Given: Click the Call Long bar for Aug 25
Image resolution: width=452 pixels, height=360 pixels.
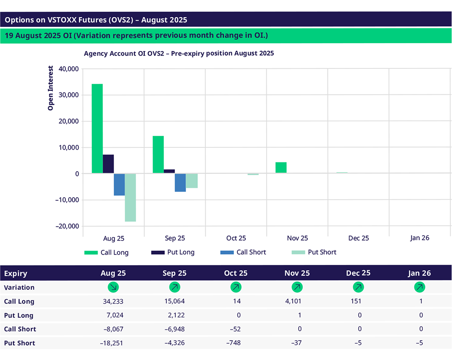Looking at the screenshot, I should (x=97, y=128).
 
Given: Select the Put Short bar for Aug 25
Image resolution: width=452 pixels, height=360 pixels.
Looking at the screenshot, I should (x=130, y=197).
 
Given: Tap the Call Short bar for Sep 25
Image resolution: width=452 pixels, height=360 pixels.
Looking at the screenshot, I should (x=180, y=182).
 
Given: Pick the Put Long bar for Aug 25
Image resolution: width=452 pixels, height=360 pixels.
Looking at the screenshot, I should (x=108, y=164).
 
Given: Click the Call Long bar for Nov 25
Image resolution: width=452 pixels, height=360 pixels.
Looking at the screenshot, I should (x=281, y=168).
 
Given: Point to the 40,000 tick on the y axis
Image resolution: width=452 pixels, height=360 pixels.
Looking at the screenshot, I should (x=67, y=69).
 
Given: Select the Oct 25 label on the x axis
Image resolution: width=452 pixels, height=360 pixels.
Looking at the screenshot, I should (x=236, y=238).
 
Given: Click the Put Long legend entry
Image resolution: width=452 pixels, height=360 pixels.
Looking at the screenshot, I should (x=173, y=252).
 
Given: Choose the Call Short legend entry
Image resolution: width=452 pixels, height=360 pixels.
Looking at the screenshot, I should (x=243, y=252).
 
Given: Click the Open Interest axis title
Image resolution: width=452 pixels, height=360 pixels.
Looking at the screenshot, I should (x=51, y=88).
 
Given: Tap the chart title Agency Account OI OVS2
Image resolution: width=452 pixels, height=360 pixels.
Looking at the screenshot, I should (x=179, y=53).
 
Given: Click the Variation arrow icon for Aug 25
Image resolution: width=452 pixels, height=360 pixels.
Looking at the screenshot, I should (x=113, y=287).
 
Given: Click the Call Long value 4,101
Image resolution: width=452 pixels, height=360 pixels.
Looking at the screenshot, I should (x=297, y=302).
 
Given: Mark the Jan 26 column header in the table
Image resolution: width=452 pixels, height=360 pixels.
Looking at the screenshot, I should (x=419, y=273).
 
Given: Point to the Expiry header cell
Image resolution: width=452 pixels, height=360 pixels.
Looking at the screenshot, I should (x=15, y=273).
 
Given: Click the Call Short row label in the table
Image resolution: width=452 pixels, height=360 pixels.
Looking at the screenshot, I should (x=20, y=329).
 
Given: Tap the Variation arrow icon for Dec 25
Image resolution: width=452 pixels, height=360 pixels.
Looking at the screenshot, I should (x=358, y=287).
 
